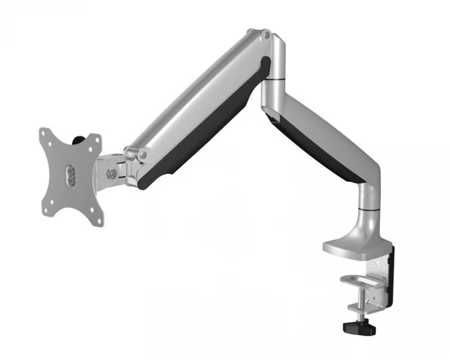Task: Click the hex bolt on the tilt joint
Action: pyautogui.click(x=112, y=174)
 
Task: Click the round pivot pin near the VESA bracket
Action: pyautogui.click(x=143, y=154)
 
